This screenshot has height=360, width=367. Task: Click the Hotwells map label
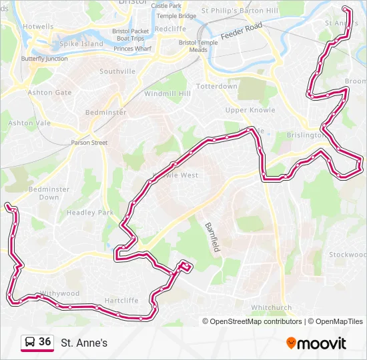click(38, 27)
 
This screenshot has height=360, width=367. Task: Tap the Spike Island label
click(82, 44)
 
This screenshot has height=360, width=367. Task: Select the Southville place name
click(117, 71)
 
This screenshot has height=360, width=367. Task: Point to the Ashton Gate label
click(49, 93)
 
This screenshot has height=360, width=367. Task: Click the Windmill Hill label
click(167, 94)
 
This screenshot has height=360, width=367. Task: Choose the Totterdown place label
click(217, 87)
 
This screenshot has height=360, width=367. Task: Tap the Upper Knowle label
click(246, 110)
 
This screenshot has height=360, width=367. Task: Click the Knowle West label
click(175, 175)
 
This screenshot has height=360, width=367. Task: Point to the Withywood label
click(59, 293)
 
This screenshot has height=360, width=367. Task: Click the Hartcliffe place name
click(121, 300)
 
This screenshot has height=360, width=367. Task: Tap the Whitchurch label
click(271, 308)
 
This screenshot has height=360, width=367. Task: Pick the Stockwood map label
click(347, 255)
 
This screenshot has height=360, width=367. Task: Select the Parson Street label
click(89, 142)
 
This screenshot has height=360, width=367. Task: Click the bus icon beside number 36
click(30, 343)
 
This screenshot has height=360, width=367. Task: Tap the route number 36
click(45, 342)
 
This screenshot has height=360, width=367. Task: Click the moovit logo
click(316, 343)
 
